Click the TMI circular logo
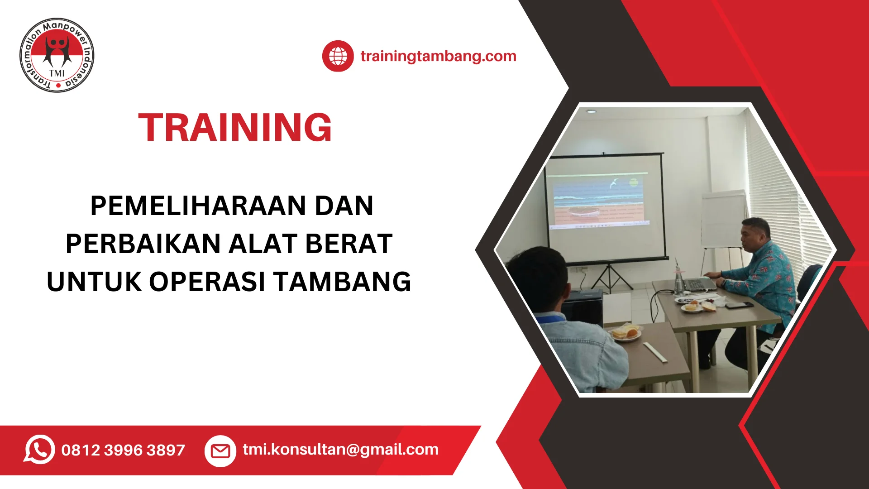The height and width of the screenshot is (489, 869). (57, 55)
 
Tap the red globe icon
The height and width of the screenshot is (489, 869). (338, 56)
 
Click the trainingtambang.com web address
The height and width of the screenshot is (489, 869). (438, 56)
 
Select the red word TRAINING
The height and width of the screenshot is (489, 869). (235, 127)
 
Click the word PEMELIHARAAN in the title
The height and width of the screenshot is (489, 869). (197, 206)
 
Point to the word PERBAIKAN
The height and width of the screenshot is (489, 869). (143, 244)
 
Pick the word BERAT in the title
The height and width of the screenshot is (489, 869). (349, 244)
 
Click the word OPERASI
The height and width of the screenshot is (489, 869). (207, 282)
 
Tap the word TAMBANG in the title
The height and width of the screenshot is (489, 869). (342, 282)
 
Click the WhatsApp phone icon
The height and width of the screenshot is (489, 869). (39, 450)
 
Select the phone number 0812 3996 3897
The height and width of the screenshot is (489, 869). (123, 450)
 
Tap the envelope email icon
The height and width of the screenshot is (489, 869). (220, 451)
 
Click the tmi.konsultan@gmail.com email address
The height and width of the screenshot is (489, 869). (340, 449)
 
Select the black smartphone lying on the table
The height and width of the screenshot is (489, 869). (739, 305)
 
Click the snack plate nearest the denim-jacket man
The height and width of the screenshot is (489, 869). (625, 333)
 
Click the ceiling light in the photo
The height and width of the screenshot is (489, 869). (591, 111)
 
